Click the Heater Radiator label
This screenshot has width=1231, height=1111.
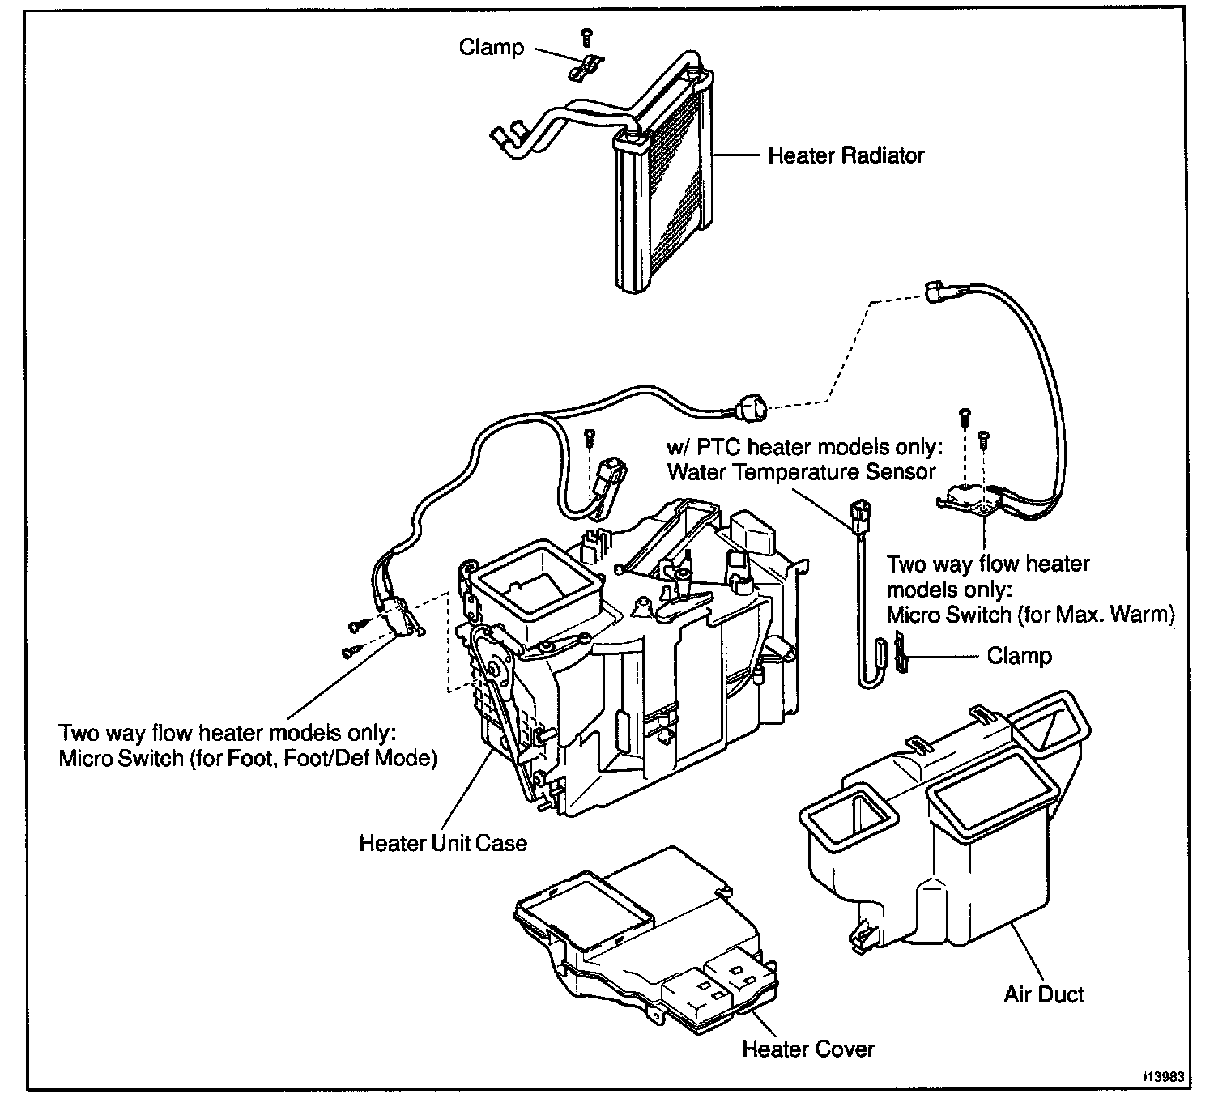click(x=846, y=155)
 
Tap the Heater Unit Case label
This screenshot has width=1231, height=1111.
click(x=443, y=843)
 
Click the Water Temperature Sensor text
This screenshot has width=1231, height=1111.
click(x=802, y=472)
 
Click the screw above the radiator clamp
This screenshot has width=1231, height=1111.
click(x=586, y=37)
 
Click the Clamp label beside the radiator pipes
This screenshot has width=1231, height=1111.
click(x=492, y=47)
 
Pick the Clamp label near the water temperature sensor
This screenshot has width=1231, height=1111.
click(x=1020, y=656)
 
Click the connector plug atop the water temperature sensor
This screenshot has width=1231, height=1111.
click(x=860, y=514)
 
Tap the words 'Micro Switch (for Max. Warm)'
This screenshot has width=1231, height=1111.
click(x=1031, y=615)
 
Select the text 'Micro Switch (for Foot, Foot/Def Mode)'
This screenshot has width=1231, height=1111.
click(x=248, y=758)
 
